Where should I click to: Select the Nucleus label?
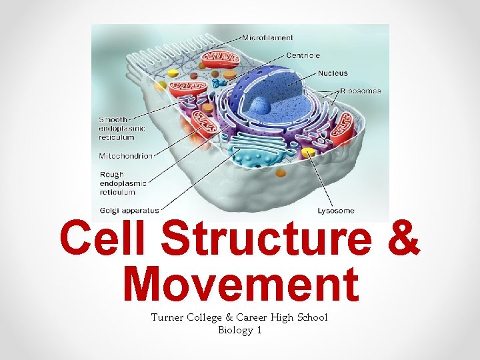[x=333, y=73]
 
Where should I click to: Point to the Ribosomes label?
[x=360, y=91]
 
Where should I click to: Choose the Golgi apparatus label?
[x=129, y=210]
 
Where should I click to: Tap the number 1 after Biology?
[x=258, y=330]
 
